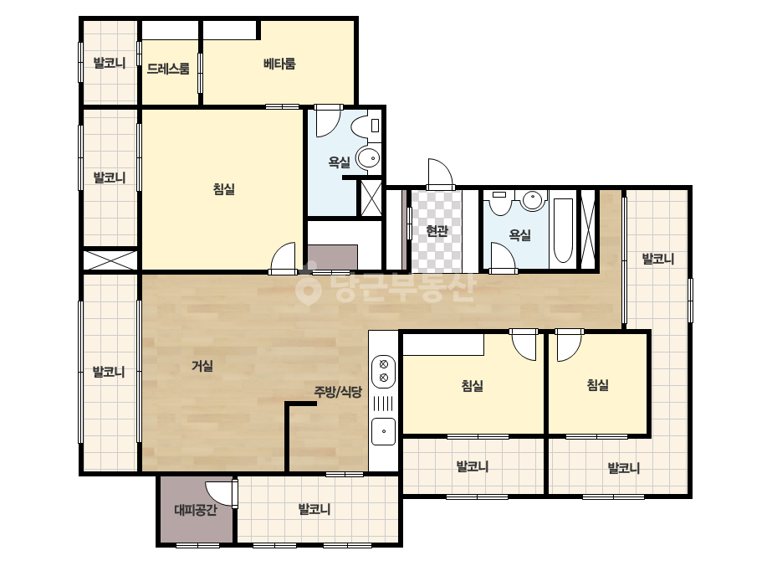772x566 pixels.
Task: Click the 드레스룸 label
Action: pyautogui.click(x=168, y=69)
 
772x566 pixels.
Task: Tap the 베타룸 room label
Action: pyautogui.click(x=279, y=64)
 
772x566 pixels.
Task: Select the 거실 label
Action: pyautogui.click(x=202, y=366)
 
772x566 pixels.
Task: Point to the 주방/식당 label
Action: pyautogui.click(x=338, y=392)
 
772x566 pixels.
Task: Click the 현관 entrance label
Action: pyautogui.click(x=437, y=230)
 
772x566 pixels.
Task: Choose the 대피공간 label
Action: pyautogui.click(x=196, y=509)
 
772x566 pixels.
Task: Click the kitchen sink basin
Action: pyautogui.click(x=384, y=431)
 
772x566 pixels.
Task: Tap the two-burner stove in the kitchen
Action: pyautogui.click(x=384, y=371)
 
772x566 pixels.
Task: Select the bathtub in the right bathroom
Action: pyautogui.click(x=563, y=231)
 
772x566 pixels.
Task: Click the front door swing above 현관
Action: pyautogui.click(x=440, y=173)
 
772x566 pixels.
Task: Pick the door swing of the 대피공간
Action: pyautogui.click(x=219, y=493)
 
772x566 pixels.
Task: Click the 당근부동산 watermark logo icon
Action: pyautogui.click(x=308, y=288)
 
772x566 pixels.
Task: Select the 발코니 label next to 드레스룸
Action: pyautogui.click(x=110, y=63)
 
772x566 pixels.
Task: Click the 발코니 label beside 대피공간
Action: pyautogui.click(x=314, y=509)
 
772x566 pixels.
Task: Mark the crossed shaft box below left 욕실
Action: pyautogui.click(x=371, y=198)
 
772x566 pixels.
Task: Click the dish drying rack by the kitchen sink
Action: pyautogui.click(x=384, y=404)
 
